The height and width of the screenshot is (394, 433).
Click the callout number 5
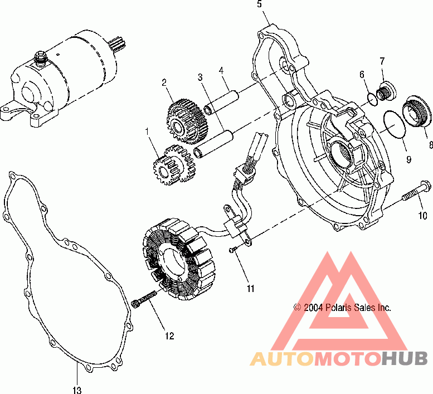coord(259,4)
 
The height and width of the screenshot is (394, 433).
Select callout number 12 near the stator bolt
coord(169,336)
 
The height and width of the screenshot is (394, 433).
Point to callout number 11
coord(251,288)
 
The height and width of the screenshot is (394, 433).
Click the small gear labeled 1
coord(173,164)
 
